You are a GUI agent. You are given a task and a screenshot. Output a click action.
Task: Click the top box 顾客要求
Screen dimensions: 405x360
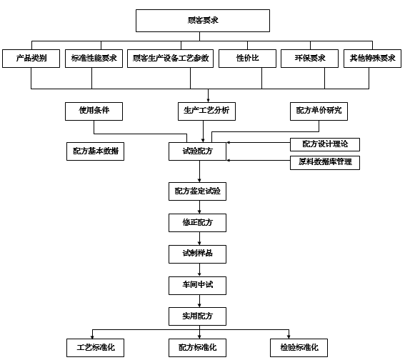(203, 21)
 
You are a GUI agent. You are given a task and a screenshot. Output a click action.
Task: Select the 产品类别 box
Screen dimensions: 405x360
(31, 59)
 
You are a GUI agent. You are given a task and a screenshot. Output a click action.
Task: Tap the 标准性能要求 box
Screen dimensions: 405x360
(94, 59)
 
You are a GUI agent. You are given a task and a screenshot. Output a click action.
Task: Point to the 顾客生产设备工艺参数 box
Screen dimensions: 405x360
(170, 59)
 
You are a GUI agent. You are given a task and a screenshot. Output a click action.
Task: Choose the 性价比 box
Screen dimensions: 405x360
(247, 59)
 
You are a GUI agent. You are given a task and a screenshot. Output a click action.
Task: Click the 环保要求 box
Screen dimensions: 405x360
(309, 59)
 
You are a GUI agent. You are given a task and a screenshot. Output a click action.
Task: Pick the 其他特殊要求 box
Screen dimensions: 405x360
(372, 59)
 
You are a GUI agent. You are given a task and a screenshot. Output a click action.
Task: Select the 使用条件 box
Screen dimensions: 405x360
(94, 111)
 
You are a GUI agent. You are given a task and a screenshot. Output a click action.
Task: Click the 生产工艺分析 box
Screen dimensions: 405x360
(206, 111)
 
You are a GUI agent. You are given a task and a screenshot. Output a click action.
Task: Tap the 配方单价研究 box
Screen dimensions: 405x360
(319, 111)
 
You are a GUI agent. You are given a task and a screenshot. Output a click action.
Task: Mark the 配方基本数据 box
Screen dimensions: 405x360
(95, 151)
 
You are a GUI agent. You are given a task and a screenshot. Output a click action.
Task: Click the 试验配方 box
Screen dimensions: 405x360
(197, 151)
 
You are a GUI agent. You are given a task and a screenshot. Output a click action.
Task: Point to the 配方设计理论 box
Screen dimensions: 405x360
(325, 144)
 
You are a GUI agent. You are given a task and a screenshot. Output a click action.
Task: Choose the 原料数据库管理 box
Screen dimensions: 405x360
(325, 163)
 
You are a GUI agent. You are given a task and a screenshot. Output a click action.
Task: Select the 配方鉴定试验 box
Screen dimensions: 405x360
(197, 191)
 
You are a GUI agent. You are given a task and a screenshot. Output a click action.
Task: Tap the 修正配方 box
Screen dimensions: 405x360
(197, 223)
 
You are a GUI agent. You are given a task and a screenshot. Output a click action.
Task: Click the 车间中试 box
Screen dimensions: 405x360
(197, 286)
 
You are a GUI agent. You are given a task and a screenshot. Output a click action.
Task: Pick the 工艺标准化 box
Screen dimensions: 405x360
(95, 348)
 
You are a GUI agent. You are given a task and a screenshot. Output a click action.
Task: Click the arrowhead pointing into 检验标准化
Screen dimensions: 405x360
(289, 336)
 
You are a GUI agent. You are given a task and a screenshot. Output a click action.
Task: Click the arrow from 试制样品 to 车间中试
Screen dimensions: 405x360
(199, 270)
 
